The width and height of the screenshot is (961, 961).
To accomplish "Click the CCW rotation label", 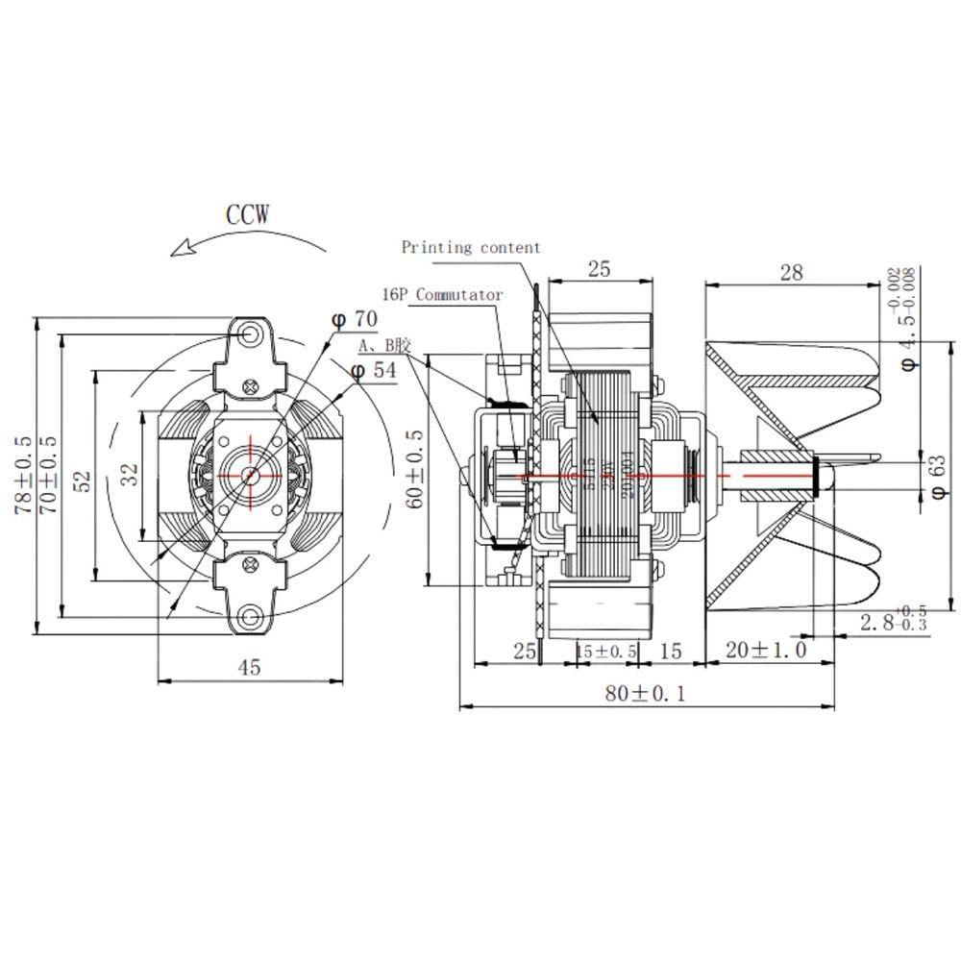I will (248, 213).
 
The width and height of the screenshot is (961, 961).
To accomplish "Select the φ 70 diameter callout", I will (356, 318).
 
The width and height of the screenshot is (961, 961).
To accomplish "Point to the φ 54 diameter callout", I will (373, 370).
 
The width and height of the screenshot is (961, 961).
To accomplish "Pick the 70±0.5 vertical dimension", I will (47, 477).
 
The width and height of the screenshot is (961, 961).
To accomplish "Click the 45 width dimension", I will (249, 667).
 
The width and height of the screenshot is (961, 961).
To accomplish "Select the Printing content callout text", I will (471, 248).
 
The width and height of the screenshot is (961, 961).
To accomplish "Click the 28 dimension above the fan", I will (791, 272).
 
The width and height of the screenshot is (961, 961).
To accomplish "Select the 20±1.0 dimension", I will (766, 651).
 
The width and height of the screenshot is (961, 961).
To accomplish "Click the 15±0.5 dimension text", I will (606, 652).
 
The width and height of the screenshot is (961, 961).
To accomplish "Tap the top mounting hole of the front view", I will (252, 333).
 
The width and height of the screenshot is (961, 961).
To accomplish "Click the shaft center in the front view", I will (251, 474).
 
